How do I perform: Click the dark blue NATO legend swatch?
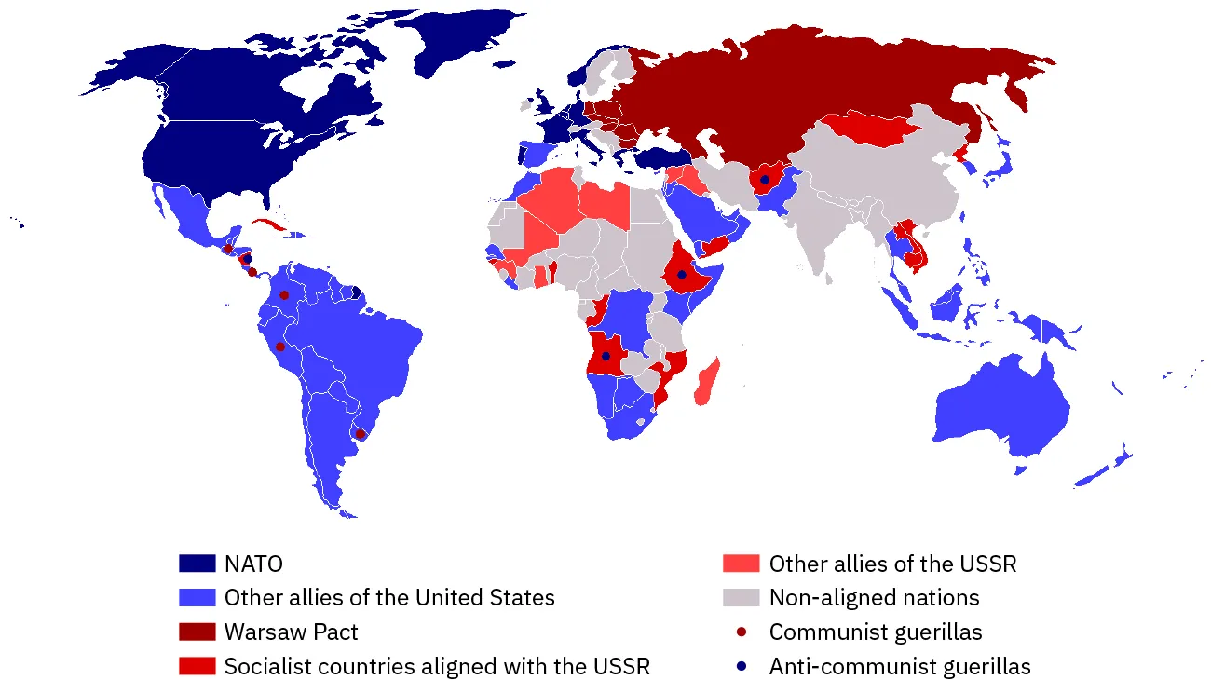pos(197,564)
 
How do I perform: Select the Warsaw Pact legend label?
pos(291,632)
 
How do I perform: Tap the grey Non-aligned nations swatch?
pos(741,597)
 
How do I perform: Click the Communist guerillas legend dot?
pos(741,632)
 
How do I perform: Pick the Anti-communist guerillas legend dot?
pos(741,666)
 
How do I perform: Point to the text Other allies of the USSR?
pos(892,564)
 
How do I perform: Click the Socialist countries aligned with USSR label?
pos(437,666)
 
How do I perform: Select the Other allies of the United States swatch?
pos(197,597)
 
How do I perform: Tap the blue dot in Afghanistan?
pos(765,179)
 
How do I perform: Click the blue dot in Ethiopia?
pos(682,274)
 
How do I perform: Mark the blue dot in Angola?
pos(605,356)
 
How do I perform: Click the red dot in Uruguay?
pos(361,434)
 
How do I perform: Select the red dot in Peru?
pos(279,347)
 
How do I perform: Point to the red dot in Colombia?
pos(284,295)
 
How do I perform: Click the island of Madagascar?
pos(707,382)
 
